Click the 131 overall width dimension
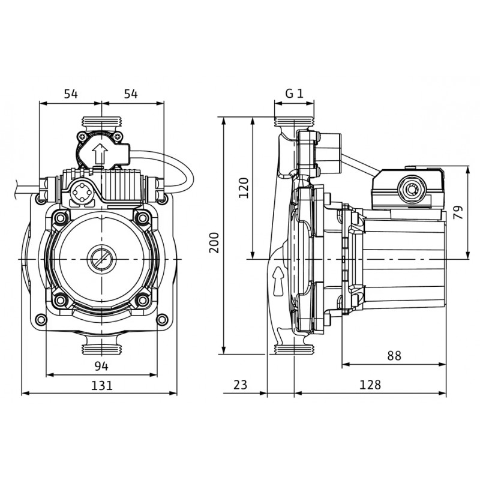[x=102, y=385]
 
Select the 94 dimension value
[x=101, y=366]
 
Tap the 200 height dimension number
[x=214, y=243]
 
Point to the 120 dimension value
[x=244, y=188]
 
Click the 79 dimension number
[x=458, y=212]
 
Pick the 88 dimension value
[x=394, y=356]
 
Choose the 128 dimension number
[x=370, y=385]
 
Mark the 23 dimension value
[x=240, y=385]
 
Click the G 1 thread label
[x=294, y=93]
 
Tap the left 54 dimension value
[x=71, y=94]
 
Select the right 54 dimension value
[x=131, y=94]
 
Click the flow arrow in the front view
[x=100, y=154]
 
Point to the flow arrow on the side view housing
[x=278, y=281]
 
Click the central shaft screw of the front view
[x=101, y=259]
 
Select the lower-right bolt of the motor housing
[x=142, y=300]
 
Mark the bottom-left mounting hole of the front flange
[x=41, y=320]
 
